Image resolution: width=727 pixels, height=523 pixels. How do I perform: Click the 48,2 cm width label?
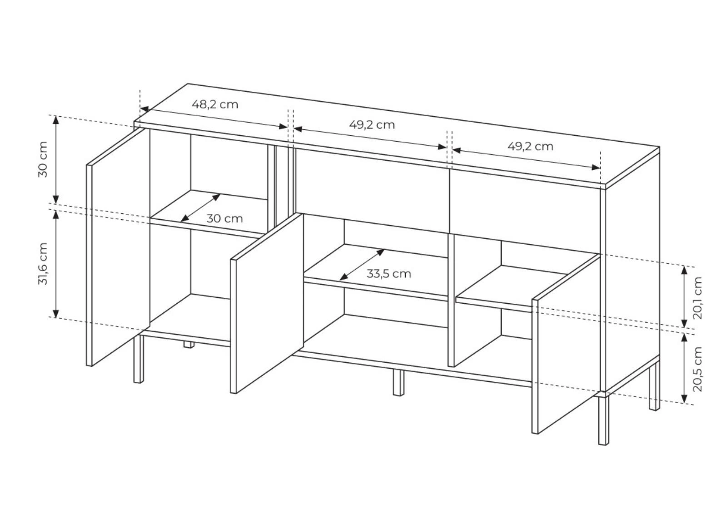point(215,104)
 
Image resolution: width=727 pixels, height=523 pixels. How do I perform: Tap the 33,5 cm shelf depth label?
point(389,274)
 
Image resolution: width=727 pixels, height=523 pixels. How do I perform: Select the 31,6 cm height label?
point(43,264)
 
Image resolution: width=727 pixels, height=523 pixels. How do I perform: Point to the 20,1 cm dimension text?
point(697,298)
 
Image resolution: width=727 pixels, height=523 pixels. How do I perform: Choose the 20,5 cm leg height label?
point(697,369)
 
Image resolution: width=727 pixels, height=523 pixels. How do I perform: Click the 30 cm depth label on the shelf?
point(224,218)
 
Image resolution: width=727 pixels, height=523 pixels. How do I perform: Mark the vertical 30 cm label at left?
point(43,159)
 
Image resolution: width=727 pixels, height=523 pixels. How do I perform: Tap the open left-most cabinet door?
point(118,247)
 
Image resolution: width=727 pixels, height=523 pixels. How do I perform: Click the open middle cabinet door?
point(267,303)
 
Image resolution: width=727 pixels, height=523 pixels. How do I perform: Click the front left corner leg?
point(139,359)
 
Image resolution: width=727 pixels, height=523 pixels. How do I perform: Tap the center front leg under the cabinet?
point(398,383)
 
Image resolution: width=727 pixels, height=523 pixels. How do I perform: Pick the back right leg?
point(655,386)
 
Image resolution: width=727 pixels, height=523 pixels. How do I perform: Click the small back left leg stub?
point(189,344)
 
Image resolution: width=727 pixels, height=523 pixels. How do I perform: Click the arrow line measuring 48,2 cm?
point(214,118)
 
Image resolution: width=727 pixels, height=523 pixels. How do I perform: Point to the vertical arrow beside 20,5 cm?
point(684,368)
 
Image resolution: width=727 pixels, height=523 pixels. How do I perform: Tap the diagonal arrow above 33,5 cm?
point(362,265)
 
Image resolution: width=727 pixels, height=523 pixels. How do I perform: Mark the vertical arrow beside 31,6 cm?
point(56,264)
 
